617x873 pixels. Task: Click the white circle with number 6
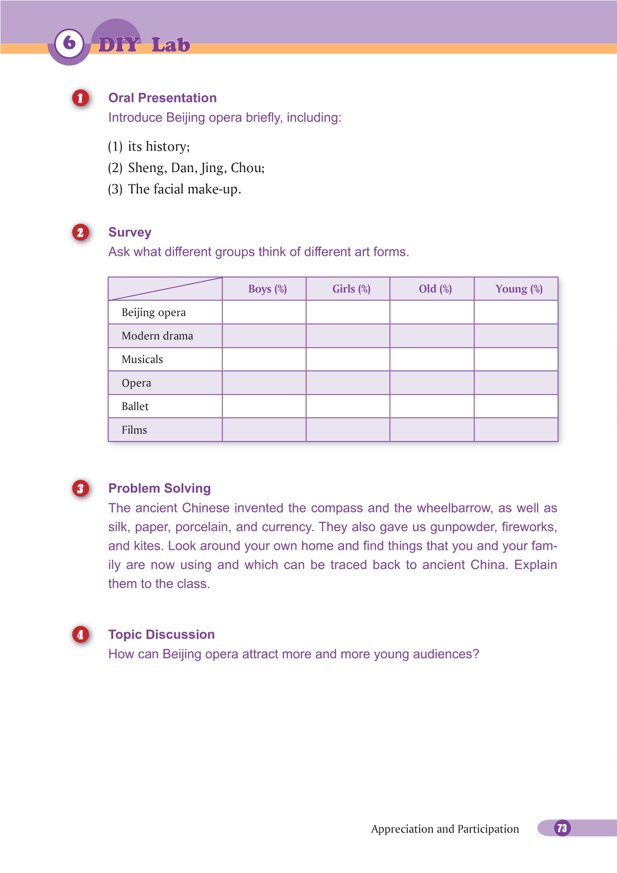(69, 43)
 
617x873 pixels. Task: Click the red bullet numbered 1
(80, 98)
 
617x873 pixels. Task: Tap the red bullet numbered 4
(80, 635)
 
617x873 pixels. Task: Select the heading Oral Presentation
(162, 98)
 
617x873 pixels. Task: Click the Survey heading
(130, 232)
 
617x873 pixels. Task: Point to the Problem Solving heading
(160, 488)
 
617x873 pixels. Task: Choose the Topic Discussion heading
(161, 635)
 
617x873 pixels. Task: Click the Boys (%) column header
(268, 289)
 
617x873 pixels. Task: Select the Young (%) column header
(519, 289)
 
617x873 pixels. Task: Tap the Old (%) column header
(435, 289)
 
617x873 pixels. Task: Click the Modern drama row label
(157, 336)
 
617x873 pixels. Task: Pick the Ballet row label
(135, 407)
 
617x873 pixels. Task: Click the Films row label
(134, 430)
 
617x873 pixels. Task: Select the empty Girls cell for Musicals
(348, 359)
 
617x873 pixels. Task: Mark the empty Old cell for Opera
(432, 383)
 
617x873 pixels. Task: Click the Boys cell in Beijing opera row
(264, 312)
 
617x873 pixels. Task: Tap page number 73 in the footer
(562, 828)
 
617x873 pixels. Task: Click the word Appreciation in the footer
(402, 829)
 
